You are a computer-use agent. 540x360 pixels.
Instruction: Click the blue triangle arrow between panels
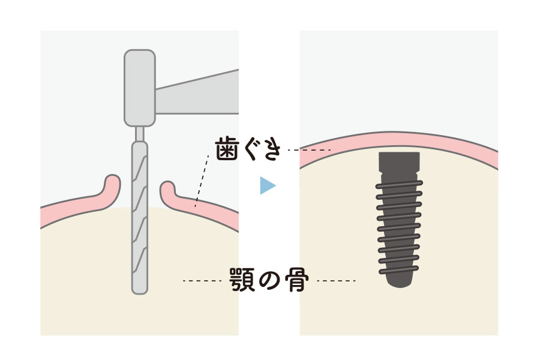pos(267,185)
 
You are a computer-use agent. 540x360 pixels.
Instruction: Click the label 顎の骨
pos(269,280)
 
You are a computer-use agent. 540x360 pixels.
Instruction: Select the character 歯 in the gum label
pos(227,149)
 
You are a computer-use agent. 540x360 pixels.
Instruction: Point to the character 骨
pos(297,280)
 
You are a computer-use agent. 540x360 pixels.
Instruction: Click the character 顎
pos(242,280)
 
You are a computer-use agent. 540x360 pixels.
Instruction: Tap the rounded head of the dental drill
pos(139,88)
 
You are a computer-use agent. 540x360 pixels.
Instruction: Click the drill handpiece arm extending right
pos(197,92)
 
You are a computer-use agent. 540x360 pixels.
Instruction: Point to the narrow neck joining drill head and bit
pos(139,134)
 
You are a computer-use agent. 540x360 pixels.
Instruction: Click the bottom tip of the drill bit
pos(139,293)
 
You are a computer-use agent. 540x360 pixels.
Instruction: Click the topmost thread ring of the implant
pos(400,185)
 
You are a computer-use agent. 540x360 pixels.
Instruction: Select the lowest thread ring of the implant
pos(400,270)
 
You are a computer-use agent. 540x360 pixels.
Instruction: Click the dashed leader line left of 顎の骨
pos(202,281)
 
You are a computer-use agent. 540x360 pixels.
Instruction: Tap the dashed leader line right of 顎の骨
pos(336,281)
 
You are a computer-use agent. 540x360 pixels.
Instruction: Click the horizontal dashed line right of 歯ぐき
pos(309,150)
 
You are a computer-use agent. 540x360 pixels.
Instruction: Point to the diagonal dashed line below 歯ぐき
pos(202,181)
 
